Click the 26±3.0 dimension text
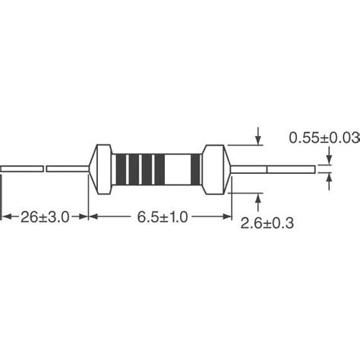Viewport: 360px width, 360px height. (44, 217)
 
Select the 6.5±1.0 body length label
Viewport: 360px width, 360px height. (161, 217)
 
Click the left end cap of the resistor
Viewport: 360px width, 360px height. (99, 168)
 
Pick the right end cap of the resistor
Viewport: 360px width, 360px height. (216, 168)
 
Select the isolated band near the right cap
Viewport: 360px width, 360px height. (195, 168)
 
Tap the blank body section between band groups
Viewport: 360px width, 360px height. (178, 168)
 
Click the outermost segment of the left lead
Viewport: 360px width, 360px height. (21, 168)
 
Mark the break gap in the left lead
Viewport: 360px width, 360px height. (45, 168)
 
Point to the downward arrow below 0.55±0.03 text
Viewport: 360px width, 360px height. (329, 158)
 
